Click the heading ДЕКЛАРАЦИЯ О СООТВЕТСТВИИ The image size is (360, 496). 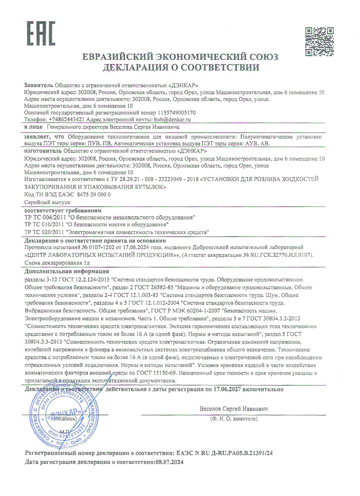180,68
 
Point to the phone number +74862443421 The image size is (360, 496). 64,119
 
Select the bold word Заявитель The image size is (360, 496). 38,85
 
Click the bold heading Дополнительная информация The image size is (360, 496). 67,271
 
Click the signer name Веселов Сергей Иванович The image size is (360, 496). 234,409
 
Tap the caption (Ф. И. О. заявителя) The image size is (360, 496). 233,419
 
